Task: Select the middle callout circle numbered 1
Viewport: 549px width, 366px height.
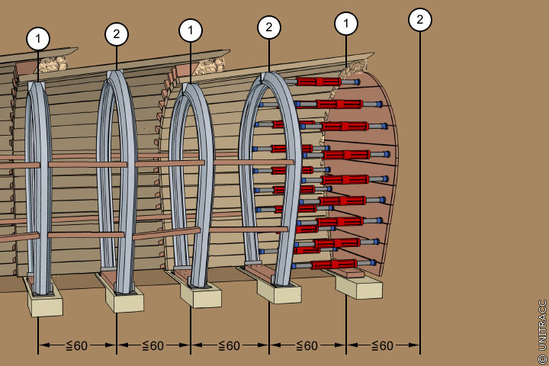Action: pos(191,31)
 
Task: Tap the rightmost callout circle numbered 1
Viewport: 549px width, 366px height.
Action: pos(346,24)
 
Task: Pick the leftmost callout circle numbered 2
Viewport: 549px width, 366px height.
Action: pos(116,34)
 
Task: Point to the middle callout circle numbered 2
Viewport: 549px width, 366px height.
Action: pos(268,27)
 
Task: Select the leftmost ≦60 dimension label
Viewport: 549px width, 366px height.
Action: pos(77,345)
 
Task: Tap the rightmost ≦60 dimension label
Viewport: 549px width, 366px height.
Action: pos(383,345)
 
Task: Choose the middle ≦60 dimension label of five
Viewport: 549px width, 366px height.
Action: pos(230,345)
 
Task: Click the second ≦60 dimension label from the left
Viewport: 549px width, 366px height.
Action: pos(153,345)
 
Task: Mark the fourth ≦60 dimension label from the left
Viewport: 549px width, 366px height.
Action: pos(307,345)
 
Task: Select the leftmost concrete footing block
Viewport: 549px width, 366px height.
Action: pos(44,303)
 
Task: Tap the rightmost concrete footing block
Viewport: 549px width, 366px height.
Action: pos(358,286)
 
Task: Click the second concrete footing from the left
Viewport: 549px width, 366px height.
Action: pos(124,300)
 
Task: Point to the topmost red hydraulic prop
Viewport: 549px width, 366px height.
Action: pos(319,82)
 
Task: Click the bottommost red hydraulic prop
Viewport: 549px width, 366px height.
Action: pos(332,264)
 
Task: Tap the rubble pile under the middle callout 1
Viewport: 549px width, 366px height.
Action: pos(210,66)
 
